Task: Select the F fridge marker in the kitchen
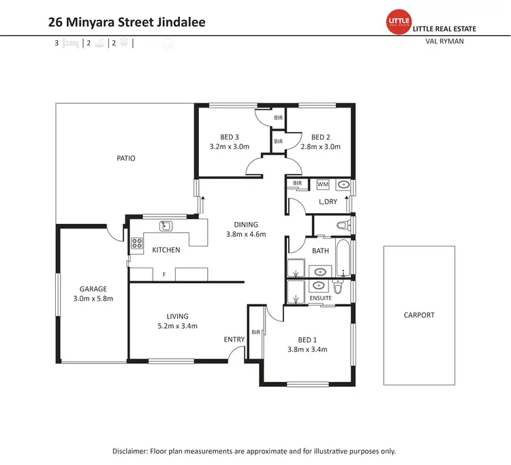click(164, 274)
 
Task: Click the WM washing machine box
click(322, 185)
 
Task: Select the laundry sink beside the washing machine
click(343, 185)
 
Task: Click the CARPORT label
click(418, 315)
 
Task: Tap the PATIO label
click(125, 159)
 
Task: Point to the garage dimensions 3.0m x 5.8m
click(93, 298)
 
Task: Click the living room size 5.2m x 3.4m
click(177, 325)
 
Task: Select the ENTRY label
click(234, 339)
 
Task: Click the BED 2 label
click(320, 136)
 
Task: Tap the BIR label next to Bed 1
click(255, 332)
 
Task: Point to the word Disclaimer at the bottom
click(133, 451)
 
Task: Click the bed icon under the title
click(70, 43)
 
